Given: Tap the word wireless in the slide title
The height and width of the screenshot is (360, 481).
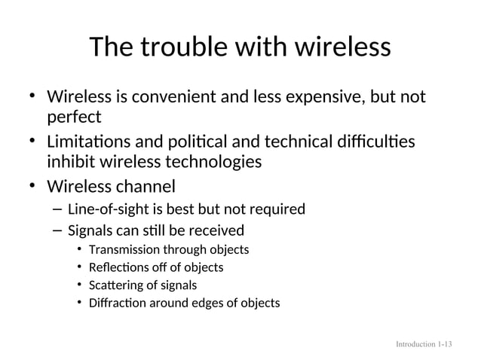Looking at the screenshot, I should click(339, 47).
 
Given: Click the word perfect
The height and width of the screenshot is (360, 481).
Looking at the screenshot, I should click(74, 118).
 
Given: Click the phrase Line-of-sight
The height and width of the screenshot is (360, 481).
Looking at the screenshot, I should click(104, 209).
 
